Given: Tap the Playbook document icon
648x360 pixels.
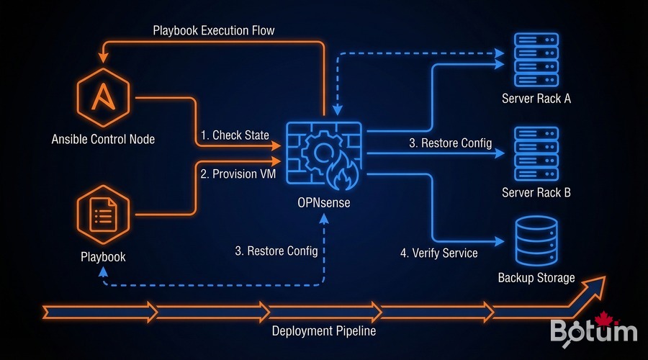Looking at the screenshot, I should [x=104, y=214].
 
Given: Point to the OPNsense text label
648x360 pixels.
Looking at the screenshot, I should [x=325, y=202].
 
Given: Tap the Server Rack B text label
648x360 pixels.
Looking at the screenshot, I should [x=536, y=193].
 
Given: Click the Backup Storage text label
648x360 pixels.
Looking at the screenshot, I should [x=536, y=277].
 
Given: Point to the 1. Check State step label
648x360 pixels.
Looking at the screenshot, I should [x=235, y=135].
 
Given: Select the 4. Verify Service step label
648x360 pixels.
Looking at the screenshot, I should [x=438, y=253].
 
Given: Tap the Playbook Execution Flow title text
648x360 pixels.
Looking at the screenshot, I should [x=213, y=31].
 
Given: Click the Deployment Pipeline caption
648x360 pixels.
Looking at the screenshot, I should [x=323, y=331].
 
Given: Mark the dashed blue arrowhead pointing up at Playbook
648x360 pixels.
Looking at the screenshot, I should [x=104, y=271].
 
